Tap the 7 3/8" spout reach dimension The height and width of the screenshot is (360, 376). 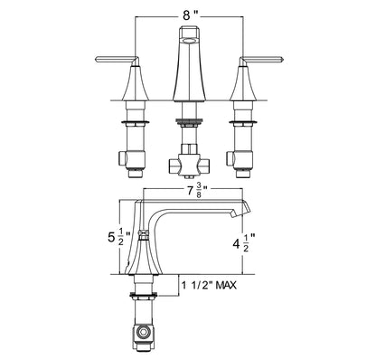(x=197, y=191)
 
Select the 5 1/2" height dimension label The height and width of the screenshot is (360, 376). (x=119, y=237)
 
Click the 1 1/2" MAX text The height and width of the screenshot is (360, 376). (x=209, y=285)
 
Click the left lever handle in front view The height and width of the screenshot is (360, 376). (x=117, y=61)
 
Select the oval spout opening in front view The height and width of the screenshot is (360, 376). (x=189, y=41)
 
